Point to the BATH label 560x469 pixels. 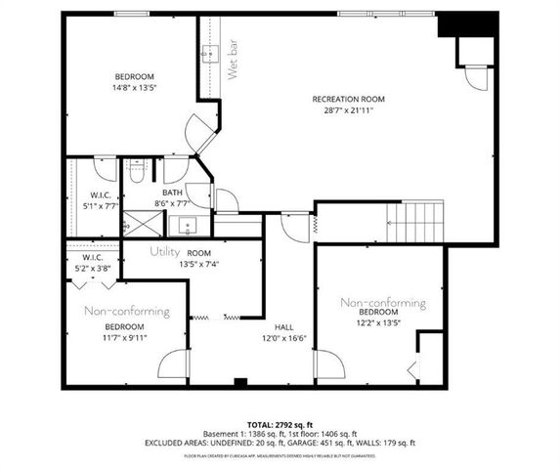173,192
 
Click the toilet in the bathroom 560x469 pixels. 137,174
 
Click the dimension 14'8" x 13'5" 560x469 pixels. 133,88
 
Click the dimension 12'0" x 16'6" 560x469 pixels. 284,339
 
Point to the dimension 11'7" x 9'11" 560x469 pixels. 125,338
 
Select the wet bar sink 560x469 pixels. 210,52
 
